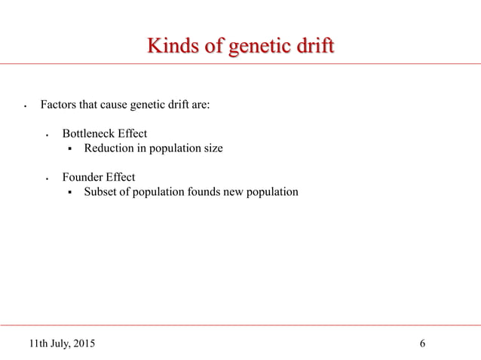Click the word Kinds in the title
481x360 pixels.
tap(170, 47)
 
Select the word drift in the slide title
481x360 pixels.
tap(312, 47)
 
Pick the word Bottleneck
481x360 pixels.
tap(89, 134)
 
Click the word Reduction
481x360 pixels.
tap(107, 148)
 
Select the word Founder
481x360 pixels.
tap(81, 178)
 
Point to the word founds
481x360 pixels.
tap(204, 192)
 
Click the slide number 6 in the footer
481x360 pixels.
tap(422, 344)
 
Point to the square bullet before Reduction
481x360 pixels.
tap(69, 149)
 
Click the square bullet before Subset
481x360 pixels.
tap(69, 193)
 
